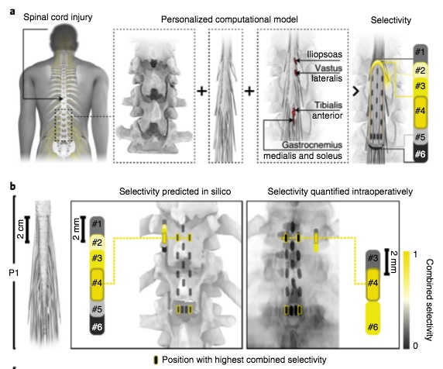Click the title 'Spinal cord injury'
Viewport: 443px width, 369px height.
(57, 17)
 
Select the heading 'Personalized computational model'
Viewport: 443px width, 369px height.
(229, 19)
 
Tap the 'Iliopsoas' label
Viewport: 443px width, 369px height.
(325, 54)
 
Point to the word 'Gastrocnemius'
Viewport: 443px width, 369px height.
(312, 145)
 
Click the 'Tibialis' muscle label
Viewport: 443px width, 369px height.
(328, 105)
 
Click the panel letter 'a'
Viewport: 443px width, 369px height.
(12, 12)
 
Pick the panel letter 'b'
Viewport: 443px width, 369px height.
(12, 187)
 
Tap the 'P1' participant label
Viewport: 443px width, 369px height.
(14, 273)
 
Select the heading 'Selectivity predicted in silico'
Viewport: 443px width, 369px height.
(175, 191)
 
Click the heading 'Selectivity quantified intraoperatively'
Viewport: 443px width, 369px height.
(340, 191)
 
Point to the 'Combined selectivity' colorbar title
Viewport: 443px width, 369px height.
(429, 300)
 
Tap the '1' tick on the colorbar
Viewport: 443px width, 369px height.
(415, 254)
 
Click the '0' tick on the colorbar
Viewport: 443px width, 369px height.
(415, 346)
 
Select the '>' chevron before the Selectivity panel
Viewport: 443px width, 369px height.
(356, 91)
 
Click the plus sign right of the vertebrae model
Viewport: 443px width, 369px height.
(201, 91)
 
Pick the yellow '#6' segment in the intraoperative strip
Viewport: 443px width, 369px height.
(373, 319)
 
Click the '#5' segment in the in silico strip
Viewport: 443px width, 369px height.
(97, 309)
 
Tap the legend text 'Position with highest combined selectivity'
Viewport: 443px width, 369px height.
(244, 360)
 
